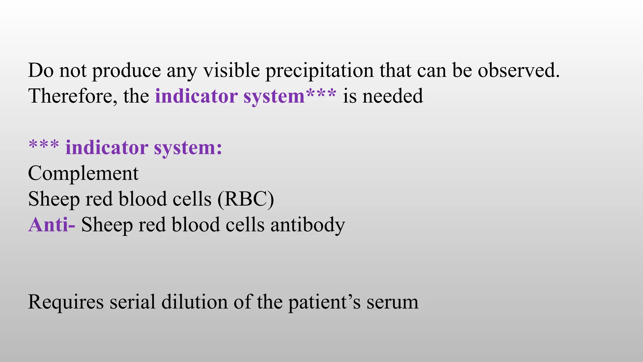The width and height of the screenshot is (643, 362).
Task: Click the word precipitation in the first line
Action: [x=320, y=70]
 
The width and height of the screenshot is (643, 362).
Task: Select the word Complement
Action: [x=83, y=173]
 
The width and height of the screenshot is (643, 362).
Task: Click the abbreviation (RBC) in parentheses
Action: [x=246, y=199]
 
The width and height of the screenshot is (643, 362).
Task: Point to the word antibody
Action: [x=308, y=225]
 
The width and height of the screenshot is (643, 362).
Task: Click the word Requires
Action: [x=66, y=302]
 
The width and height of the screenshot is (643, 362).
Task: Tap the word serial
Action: [x=132, y=302]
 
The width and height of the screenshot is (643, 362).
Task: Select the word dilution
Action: [x=194, y=302]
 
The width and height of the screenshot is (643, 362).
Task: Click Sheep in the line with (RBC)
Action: [x=54, y=200]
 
